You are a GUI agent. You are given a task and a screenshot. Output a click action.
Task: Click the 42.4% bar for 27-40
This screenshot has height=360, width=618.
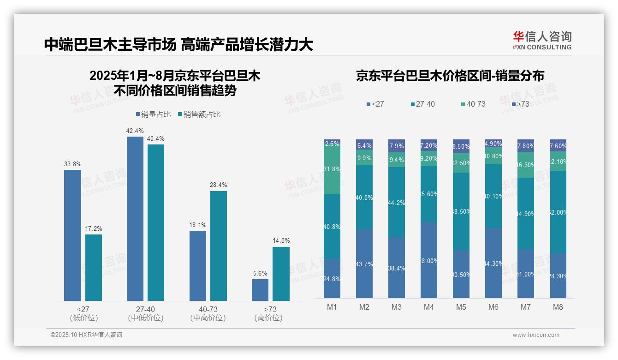pyautogui.click(x=135, y=219)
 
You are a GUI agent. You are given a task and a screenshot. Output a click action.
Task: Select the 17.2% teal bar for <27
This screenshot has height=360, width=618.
pyautogui.click(x=94, y=268)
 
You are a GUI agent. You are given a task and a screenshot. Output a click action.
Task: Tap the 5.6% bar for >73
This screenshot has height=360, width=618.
pyautogui.click(x=260, y=290)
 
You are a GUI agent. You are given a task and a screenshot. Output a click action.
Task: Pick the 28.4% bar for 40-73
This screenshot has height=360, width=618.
pyautogui.click(x=219, y=246)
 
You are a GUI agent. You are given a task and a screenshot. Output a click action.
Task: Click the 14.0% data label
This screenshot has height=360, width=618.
pyautogui.click(x=281, y=240)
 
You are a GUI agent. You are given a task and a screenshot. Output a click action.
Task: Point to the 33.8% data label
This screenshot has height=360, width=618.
pyautogui.click(x=72, y=163)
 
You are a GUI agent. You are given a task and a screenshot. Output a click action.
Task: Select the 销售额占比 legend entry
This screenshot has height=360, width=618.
pyautogui.click(x=199, y=114)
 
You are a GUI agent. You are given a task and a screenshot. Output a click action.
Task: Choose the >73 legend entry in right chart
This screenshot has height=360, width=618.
pyautogui.click(x=520, y=104)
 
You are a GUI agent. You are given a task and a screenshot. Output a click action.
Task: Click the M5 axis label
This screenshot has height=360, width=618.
pyautogui.click(x=461, y=307)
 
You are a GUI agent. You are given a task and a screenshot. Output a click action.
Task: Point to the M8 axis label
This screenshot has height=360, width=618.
pyautogui.click(x=558, y=307)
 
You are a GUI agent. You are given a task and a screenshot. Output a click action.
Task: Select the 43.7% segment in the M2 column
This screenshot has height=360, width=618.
pyautogui.click(x=364, y=264)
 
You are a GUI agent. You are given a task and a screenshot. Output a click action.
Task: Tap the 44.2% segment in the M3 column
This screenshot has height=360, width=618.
pyautogui.click(x=397, y=202)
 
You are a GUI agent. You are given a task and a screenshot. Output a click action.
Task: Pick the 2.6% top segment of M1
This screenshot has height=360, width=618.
pyautogui.click(x=332, y=143)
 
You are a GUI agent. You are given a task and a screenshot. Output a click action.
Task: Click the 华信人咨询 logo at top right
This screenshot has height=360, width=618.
pyautogui.click(x=542, y=40)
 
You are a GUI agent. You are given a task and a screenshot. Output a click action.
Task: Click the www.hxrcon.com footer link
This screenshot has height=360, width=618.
pyautogui.click(x=536, y=335)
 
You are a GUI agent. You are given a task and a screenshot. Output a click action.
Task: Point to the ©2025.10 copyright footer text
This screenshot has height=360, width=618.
pyautogui.click(x=86, y=335)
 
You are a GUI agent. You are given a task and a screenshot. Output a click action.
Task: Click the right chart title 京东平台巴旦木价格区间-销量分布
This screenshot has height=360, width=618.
pyautogui.click(x=450, y=76)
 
